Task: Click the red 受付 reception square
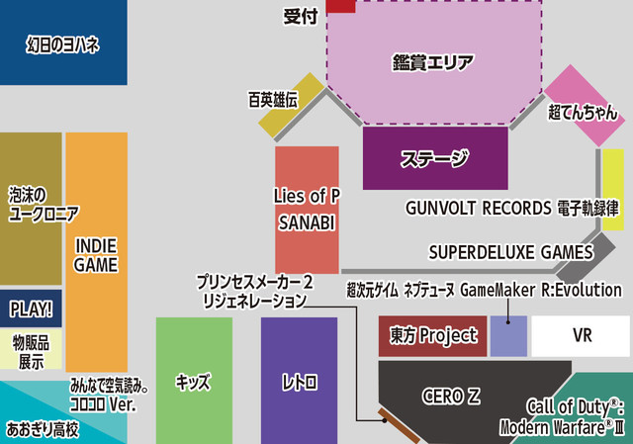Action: [341, 6]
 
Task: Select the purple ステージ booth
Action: [434, 159]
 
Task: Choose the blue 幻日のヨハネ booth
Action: [62, 44]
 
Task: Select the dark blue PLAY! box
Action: [31, 311]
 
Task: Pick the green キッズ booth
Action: [194, 382]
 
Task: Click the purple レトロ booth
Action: [299, 382]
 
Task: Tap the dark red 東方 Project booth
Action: [433, 336]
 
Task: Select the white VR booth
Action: [581, 336]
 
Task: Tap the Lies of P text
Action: [307, 196]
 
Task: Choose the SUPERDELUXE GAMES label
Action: [510, 252]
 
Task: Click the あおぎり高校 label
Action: [43, 429]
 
